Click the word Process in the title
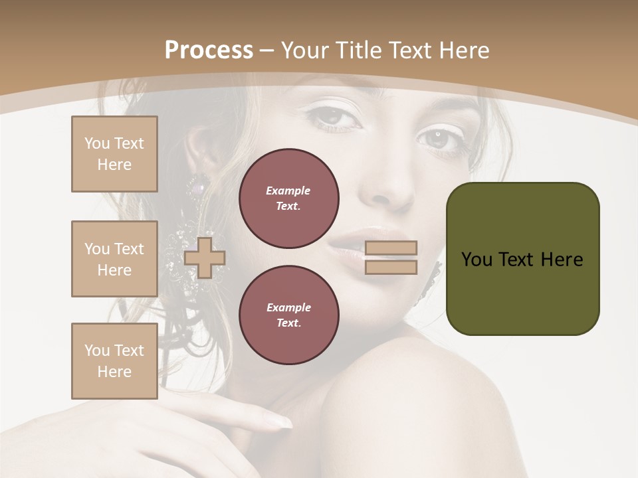click(x=209, y=50)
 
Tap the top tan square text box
click(x=114, y=154)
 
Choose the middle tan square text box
click(x=114, y=259)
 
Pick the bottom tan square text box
click(x=114, y=360)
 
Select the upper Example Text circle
click(x=288, y=199)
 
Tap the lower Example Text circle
click(x=288, y=315)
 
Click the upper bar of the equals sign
click(x=391, y=248)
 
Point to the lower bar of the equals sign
click(x=391, y=268)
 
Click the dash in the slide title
click(x=266, y=50)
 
